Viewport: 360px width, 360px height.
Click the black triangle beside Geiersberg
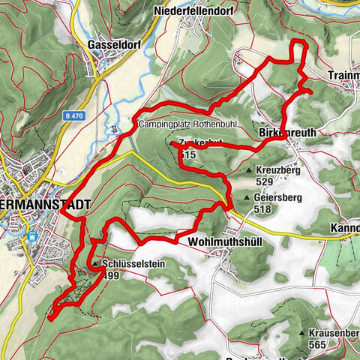coord(246,198)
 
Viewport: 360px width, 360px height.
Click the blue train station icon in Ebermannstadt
coord(32,234)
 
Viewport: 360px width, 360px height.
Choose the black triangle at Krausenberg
coord(302,332)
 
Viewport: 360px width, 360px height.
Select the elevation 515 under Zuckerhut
coord(188,154)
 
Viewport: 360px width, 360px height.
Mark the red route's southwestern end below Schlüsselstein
coord(49,318)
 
